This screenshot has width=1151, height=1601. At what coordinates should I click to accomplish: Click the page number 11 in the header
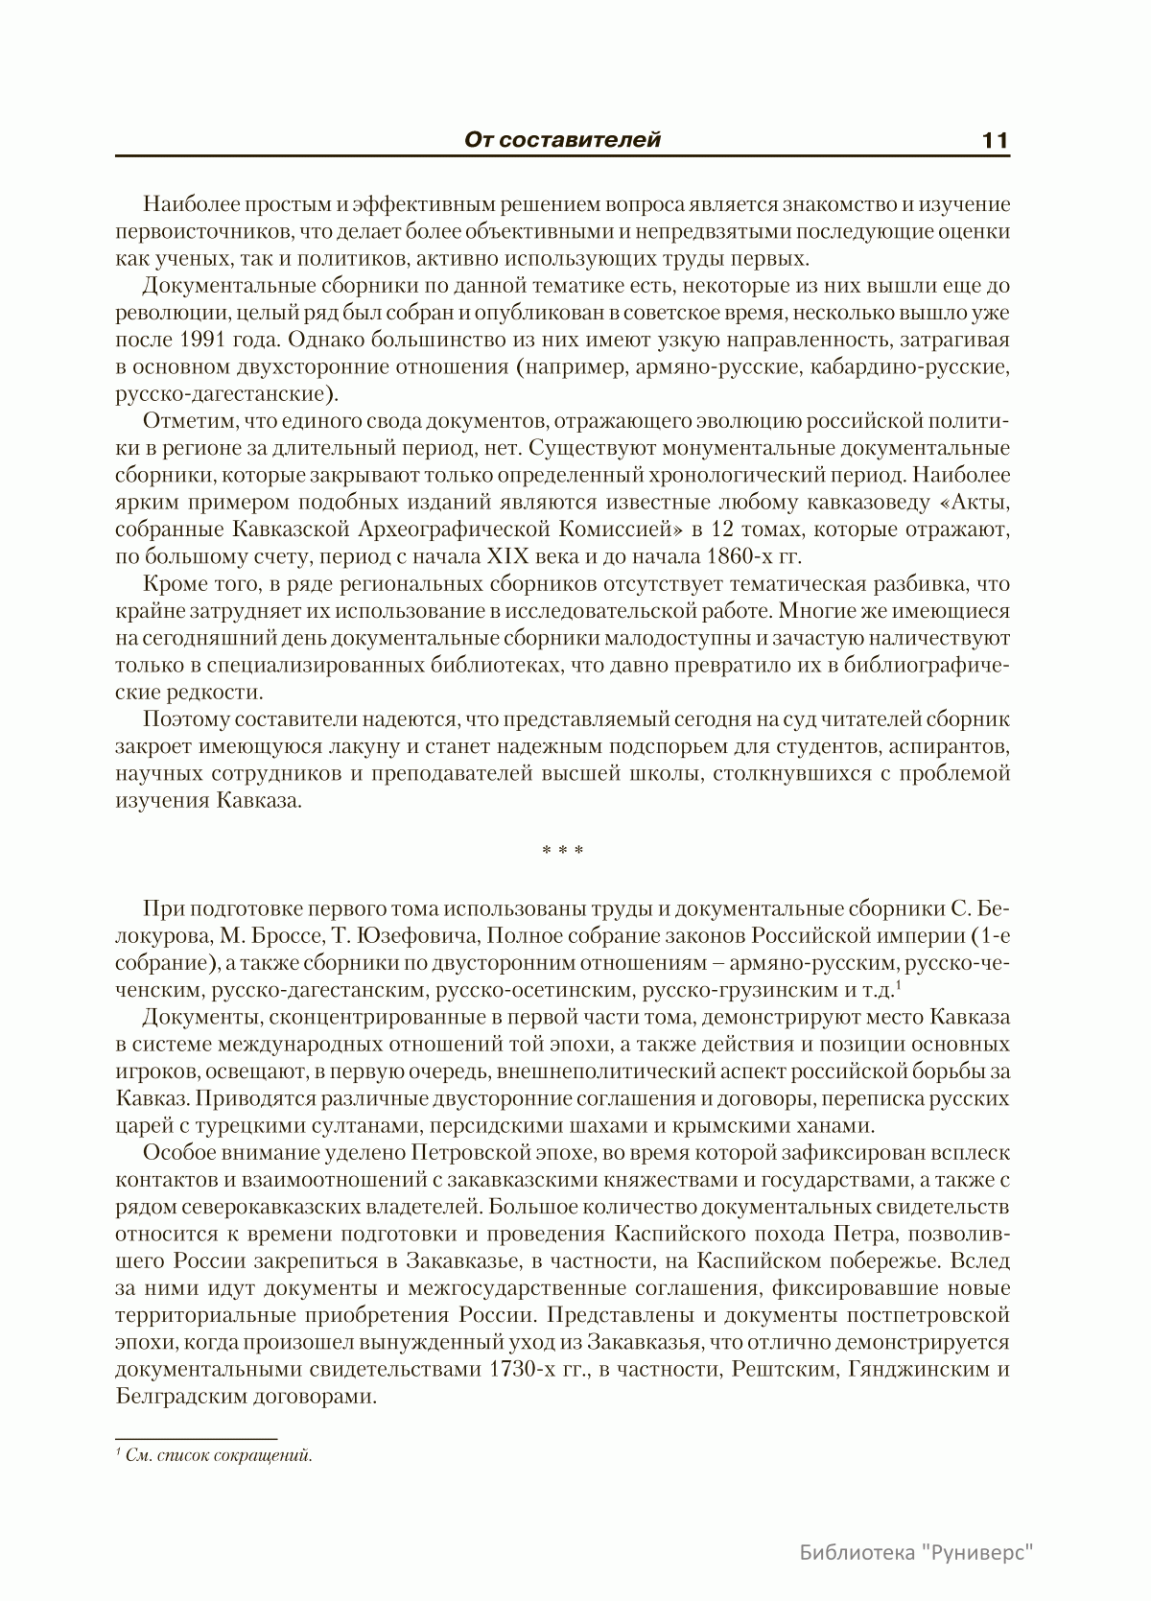coord(995,140)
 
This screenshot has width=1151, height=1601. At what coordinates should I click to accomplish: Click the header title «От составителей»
coord(562,140)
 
